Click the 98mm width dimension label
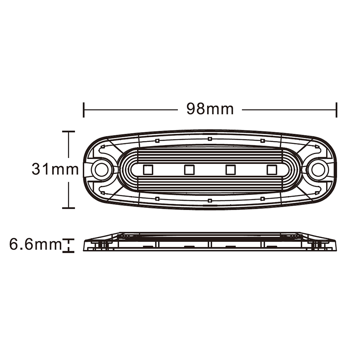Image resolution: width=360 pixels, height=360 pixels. click(210, 109)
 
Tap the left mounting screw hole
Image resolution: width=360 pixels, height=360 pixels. click(100, 169)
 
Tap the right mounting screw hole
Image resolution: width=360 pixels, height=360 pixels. click(317, 169)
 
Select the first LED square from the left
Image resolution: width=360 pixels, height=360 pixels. click(148, 170)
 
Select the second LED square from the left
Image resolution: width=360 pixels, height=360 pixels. click(189, 170)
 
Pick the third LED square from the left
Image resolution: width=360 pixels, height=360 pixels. click(230, 170)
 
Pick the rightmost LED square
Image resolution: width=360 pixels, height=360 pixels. click(271, 170)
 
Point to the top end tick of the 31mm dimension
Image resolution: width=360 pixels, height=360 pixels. click(69, 132)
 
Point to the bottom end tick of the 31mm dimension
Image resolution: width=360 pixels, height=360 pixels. click(69, 208)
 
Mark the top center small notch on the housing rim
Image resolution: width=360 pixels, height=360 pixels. click(210, 138)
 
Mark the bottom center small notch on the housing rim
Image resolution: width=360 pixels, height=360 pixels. click(210, 200)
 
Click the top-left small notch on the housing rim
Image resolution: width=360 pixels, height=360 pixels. click(157, 140)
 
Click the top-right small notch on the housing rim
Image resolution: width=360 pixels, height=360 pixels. click(263, 140)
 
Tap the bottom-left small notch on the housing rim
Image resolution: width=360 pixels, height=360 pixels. click(157, 198)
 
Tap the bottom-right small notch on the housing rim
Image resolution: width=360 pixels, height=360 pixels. click(263, 198)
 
